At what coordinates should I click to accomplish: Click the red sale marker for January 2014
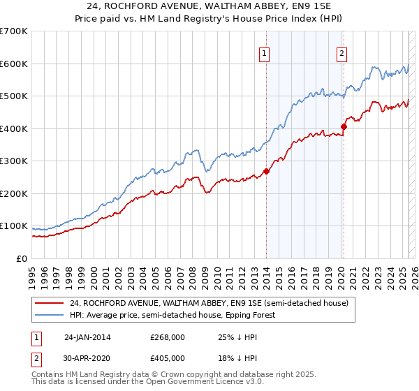pyautogui.click(x=266, y=171)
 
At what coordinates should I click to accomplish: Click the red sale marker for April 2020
pyautogui.click(x=344, y=126)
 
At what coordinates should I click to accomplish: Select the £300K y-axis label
pyautogui.click(x=14, y=161)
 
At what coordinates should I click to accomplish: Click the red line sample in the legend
pyautogui.click(x=49, y=303)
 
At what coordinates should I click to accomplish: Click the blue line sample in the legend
pyautogui.click(x=49, y=315)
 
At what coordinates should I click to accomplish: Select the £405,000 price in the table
pyautogui.click(x=168, y=358)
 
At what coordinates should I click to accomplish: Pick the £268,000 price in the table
pyautogui.click(x=168, y=337)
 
